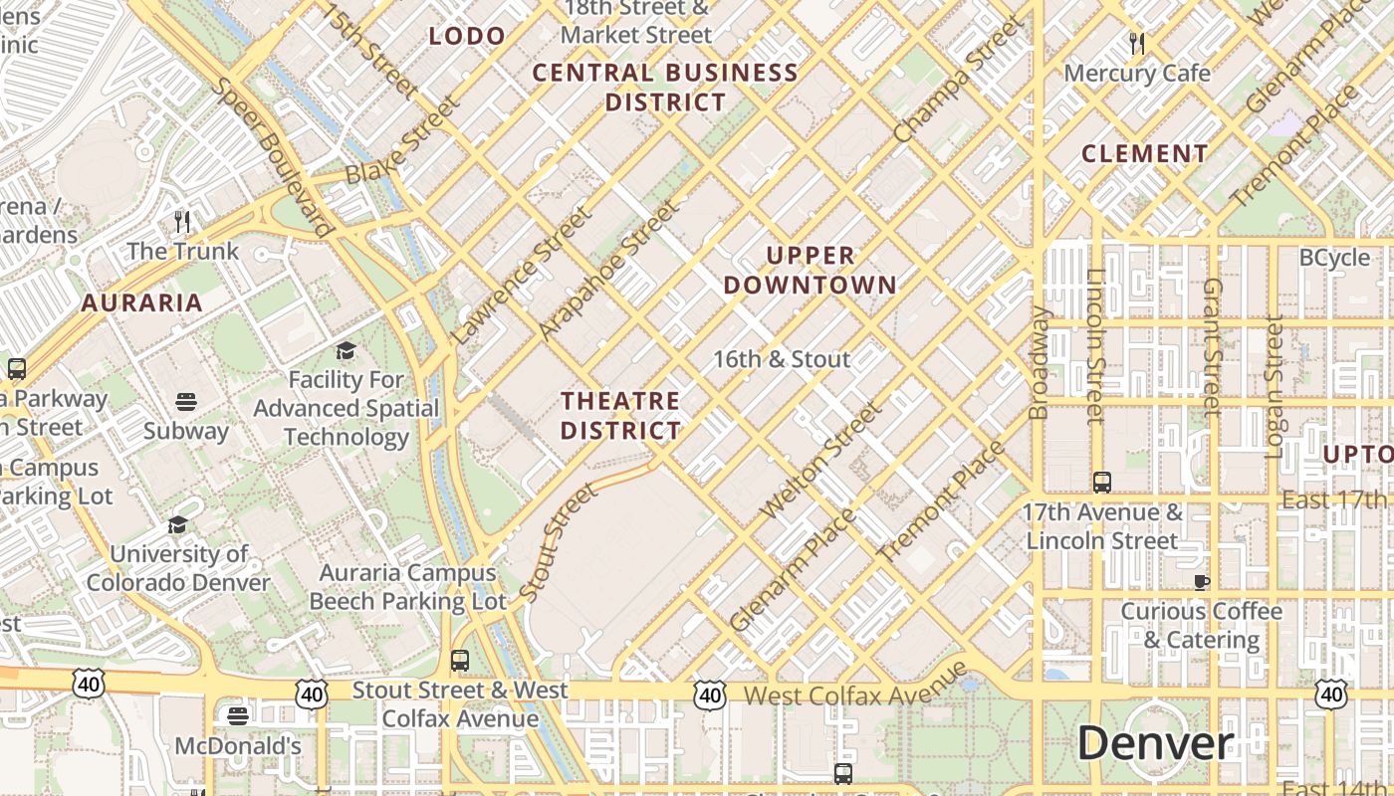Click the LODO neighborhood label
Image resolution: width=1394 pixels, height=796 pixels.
coord(467,37)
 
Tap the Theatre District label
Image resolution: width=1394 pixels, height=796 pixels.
coord(620,416)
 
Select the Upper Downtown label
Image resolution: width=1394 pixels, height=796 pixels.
coord(810,271)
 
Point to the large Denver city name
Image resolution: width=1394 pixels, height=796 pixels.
coord(1155,743)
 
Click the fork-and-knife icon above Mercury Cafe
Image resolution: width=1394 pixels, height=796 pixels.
coord(1137,43)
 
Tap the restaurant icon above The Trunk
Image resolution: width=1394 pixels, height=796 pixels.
coord(181,220)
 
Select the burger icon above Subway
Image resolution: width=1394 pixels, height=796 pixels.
coord(186,402)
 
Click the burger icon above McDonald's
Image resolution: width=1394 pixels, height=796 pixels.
coord(237,715)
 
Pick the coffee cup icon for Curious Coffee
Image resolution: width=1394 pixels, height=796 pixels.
coord(1202,581)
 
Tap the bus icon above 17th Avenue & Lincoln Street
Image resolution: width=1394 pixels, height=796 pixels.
coord(1102,483)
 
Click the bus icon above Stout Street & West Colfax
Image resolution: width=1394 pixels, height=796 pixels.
coord(459,661)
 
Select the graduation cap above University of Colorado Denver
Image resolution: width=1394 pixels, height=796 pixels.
coord(178,524)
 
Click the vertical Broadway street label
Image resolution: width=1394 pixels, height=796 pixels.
coord(1039,362)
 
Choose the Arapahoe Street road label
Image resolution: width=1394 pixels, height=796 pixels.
coord(608,270)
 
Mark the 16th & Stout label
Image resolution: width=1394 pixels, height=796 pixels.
coord(782,359)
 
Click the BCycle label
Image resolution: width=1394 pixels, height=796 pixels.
coord(1334,258)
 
